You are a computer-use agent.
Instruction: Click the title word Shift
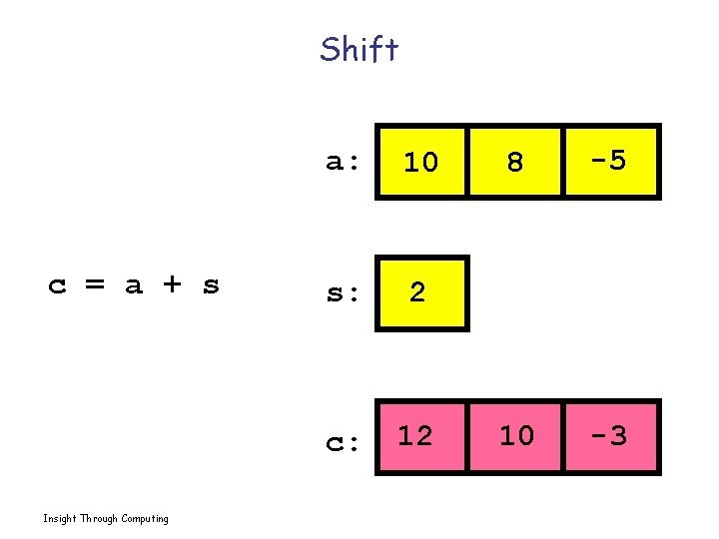tap(359, 49)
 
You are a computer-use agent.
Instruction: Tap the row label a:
tap(344, 162)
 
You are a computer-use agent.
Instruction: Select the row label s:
tap(344, 293)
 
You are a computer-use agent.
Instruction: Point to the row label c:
tap(344, 441)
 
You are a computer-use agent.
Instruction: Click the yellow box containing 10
tap(420, 161)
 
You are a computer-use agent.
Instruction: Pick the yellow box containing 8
tap(515, 161)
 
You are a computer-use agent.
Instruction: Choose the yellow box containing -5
tap(610, 161)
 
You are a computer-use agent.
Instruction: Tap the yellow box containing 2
tap(420, 292)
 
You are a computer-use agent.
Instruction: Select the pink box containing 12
tap(420, 436)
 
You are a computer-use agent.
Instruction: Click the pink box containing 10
tap(515, 436)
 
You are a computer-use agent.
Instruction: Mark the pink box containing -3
tap(610, 436)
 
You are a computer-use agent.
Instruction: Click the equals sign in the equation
tap(95, 286)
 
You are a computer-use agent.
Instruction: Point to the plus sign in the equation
tap(172, 286)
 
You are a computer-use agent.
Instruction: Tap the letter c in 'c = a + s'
tap(58, 286)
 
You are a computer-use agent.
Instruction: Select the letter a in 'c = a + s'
tap(134, 286)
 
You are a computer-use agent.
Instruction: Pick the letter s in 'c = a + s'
tap(210, 286)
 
